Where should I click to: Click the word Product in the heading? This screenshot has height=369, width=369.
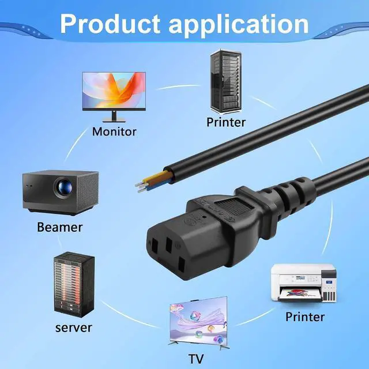click(x=110, y=24)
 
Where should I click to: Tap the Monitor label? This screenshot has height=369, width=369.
click(x=114, y=131)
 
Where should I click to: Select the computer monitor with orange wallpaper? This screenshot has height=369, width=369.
click(x=114, y=97)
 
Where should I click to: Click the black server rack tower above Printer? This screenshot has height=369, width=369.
click(x=226, y=81)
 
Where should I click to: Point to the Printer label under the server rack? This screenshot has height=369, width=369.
click(x=226, y=122)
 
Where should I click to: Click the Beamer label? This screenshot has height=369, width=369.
click(x=60, y=227)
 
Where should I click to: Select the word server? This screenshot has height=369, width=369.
click(x=73, y=328)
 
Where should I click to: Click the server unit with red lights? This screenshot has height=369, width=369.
click(x=74, y=284)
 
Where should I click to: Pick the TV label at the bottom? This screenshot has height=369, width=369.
click(x=196, y=359)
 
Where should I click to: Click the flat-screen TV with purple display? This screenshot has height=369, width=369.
click(x=199, y=323)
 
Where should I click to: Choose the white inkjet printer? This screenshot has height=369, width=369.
click(x=304, y=283)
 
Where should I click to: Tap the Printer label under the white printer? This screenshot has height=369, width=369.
click(x=305, y=317)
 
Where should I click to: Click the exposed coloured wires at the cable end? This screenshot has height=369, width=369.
click(x=154, y=181)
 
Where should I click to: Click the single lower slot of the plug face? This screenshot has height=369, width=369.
click(x=182, y=264)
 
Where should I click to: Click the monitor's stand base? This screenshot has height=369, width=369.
click(x=114, y=121)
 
